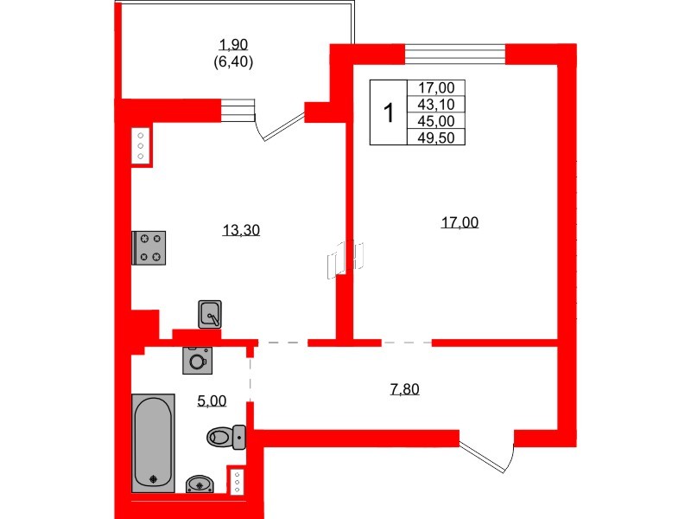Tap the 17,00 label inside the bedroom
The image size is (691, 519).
point(459,222)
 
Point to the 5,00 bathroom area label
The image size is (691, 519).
point(212,400)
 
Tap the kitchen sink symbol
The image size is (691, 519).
point(210,314)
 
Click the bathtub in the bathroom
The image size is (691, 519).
point(153,442)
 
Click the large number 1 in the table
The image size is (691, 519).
point(389,112)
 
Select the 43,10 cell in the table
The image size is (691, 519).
point(441,104)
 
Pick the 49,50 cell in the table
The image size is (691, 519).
point(441,137)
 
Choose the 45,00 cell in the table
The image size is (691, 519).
point(441,120)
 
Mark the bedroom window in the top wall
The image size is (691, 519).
point(454,54)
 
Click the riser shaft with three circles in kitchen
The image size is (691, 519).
point(141,147)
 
